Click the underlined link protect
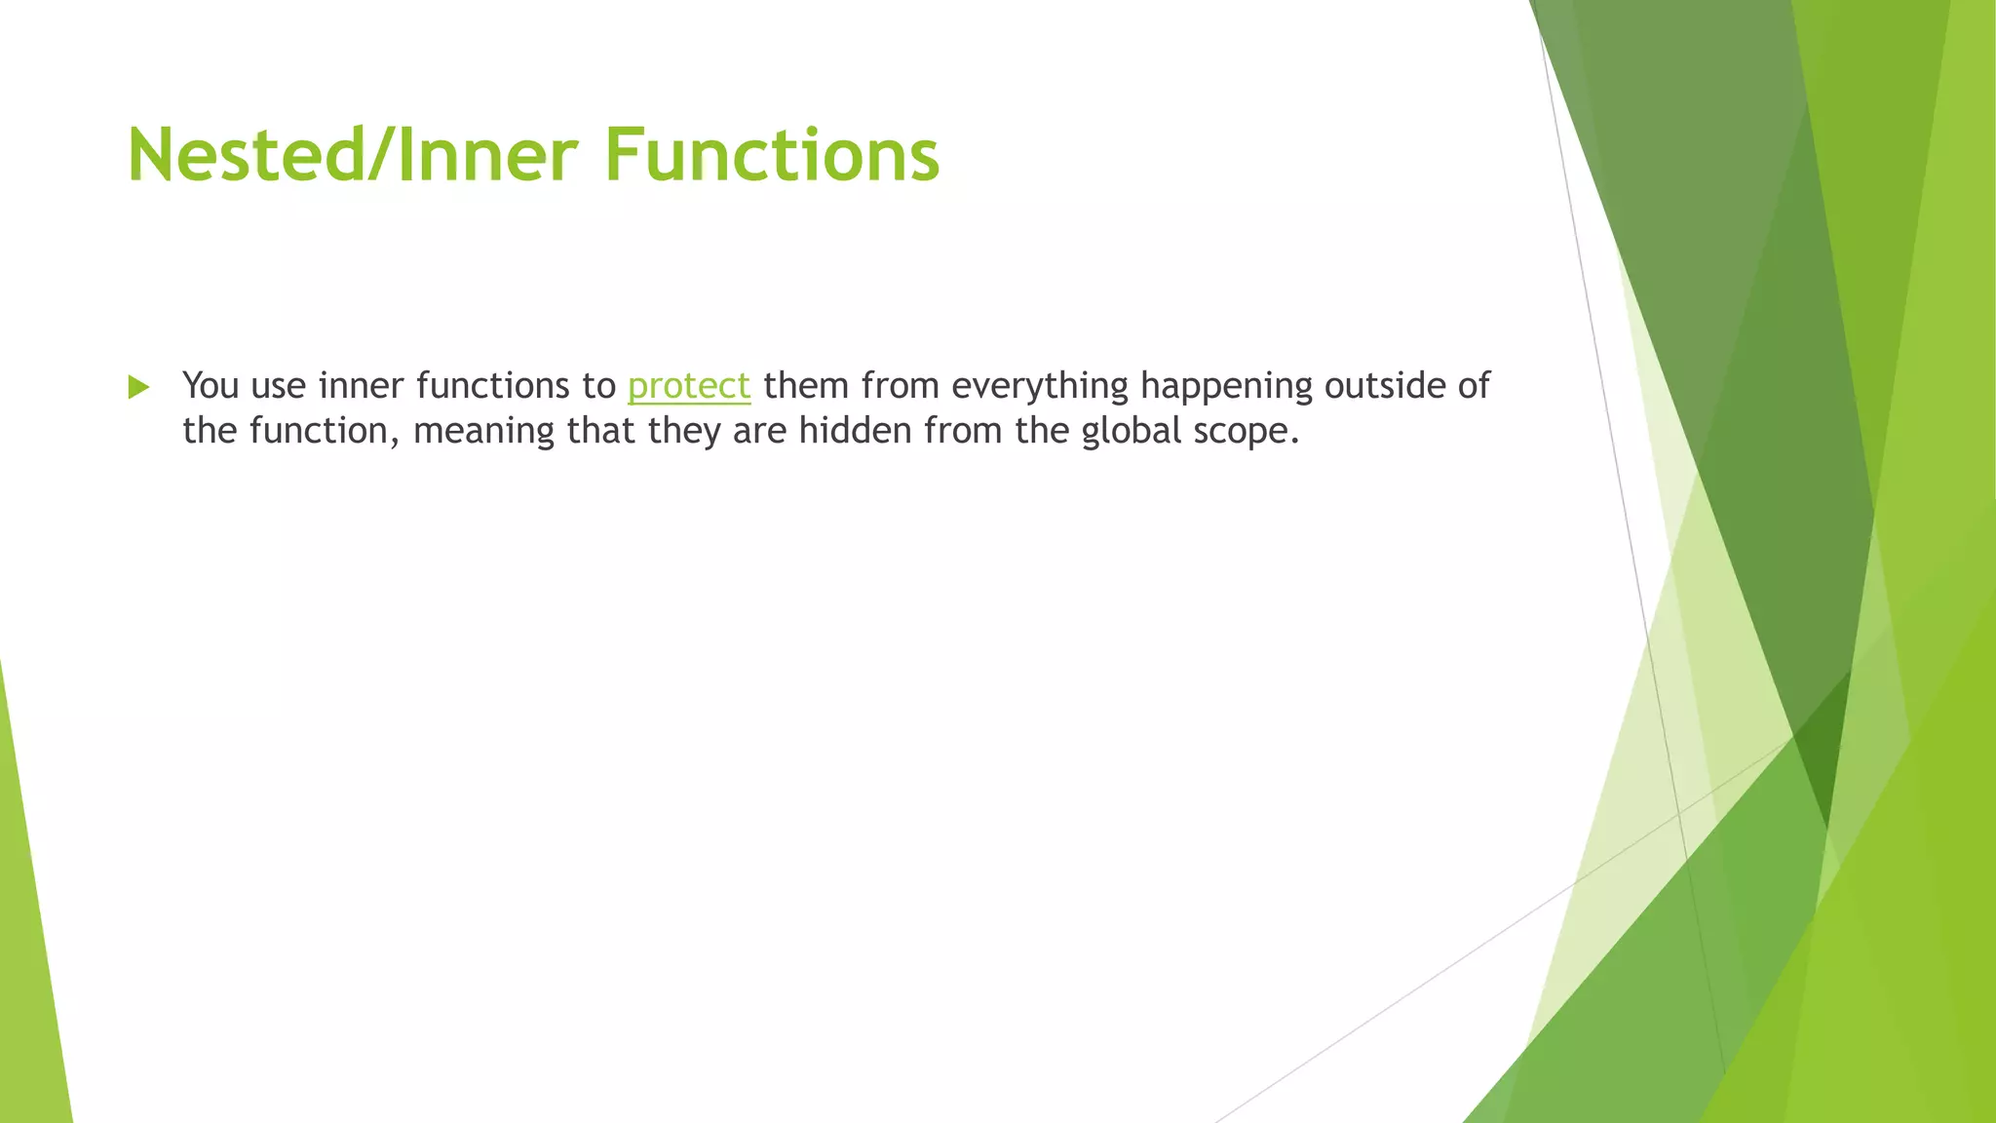coord(689,386)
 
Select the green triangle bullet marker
coord(138,387)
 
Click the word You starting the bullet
coord(211,385)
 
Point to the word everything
coord(1039,386)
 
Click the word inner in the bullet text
coord(361,385)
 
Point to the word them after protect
coord(806,385)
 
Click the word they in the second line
coord(683,431)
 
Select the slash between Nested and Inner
coord(380,156)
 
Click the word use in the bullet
coord(279,386)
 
